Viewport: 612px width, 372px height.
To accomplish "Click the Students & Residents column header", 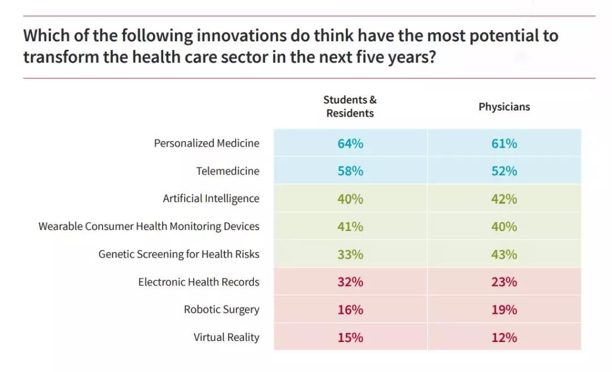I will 350,106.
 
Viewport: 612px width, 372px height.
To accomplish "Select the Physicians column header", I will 504,107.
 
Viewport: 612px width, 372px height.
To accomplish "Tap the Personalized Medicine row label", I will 206,143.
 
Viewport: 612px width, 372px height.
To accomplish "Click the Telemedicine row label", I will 228,171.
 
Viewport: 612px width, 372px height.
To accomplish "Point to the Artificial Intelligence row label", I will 211,199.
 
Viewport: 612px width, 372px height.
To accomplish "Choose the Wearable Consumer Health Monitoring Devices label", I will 148,226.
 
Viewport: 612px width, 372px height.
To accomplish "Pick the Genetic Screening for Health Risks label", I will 178,254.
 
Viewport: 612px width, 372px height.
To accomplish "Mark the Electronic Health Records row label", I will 198,282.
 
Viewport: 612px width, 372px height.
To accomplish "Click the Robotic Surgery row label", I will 222,310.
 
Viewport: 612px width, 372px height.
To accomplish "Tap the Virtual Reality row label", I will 226,337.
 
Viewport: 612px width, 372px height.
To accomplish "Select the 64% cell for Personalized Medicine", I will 350,143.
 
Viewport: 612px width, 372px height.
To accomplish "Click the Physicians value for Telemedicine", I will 504,171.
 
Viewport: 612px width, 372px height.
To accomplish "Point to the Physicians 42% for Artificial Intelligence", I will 504,199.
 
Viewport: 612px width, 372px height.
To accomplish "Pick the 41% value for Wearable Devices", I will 350,226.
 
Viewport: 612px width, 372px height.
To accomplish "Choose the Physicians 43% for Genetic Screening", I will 504,254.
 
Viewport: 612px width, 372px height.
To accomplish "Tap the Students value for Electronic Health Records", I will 350,282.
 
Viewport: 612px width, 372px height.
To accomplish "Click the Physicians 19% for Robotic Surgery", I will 504,310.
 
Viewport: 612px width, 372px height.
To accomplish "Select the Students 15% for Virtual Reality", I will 350,337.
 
